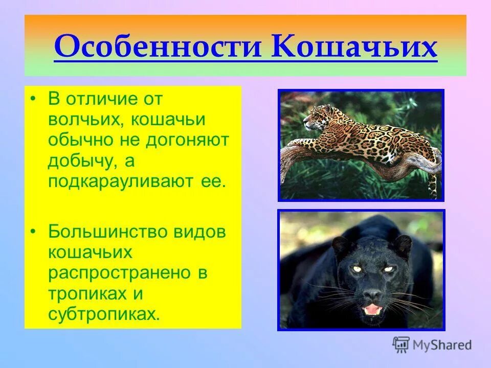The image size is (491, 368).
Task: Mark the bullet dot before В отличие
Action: click(x=33, y=99)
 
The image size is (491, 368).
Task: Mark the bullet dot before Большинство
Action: click(x=33, y=231)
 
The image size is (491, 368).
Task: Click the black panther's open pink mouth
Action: click(x=372, y=309)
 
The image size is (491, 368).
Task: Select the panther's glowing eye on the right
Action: click(x=388, y=269)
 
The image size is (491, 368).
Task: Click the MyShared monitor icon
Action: click(x=401, y=345)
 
